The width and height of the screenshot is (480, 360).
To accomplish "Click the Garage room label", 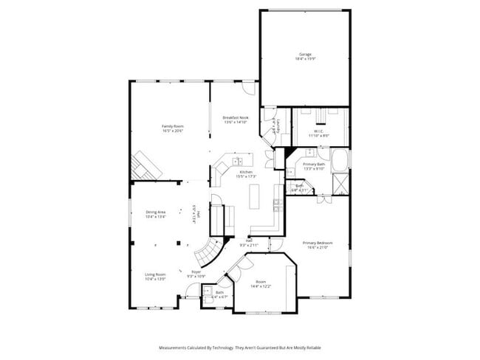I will pos(304,54).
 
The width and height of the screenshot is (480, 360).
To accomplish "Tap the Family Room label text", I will pos(173,126).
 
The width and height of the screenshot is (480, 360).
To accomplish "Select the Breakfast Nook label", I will pos(236,117).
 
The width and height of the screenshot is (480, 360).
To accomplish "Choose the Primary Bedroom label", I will pos(317,243).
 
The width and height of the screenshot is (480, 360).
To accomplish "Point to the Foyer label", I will pos(196,272).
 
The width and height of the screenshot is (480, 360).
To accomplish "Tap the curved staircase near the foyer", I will pos(208,252).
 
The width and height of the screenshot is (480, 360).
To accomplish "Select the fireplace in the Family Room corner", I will pos(145,166).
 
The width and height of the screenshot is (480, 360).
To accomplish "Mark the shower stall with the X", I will pos(341,183).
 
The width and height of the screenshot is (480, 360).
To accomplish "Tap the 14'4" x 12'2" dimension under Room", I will pos(261,285).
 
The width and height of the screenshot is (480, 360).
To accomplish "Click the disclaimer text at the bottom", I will pos(240,346).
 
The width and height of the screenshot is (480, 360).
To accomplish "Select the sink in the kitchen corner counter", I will pos(238,160).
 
